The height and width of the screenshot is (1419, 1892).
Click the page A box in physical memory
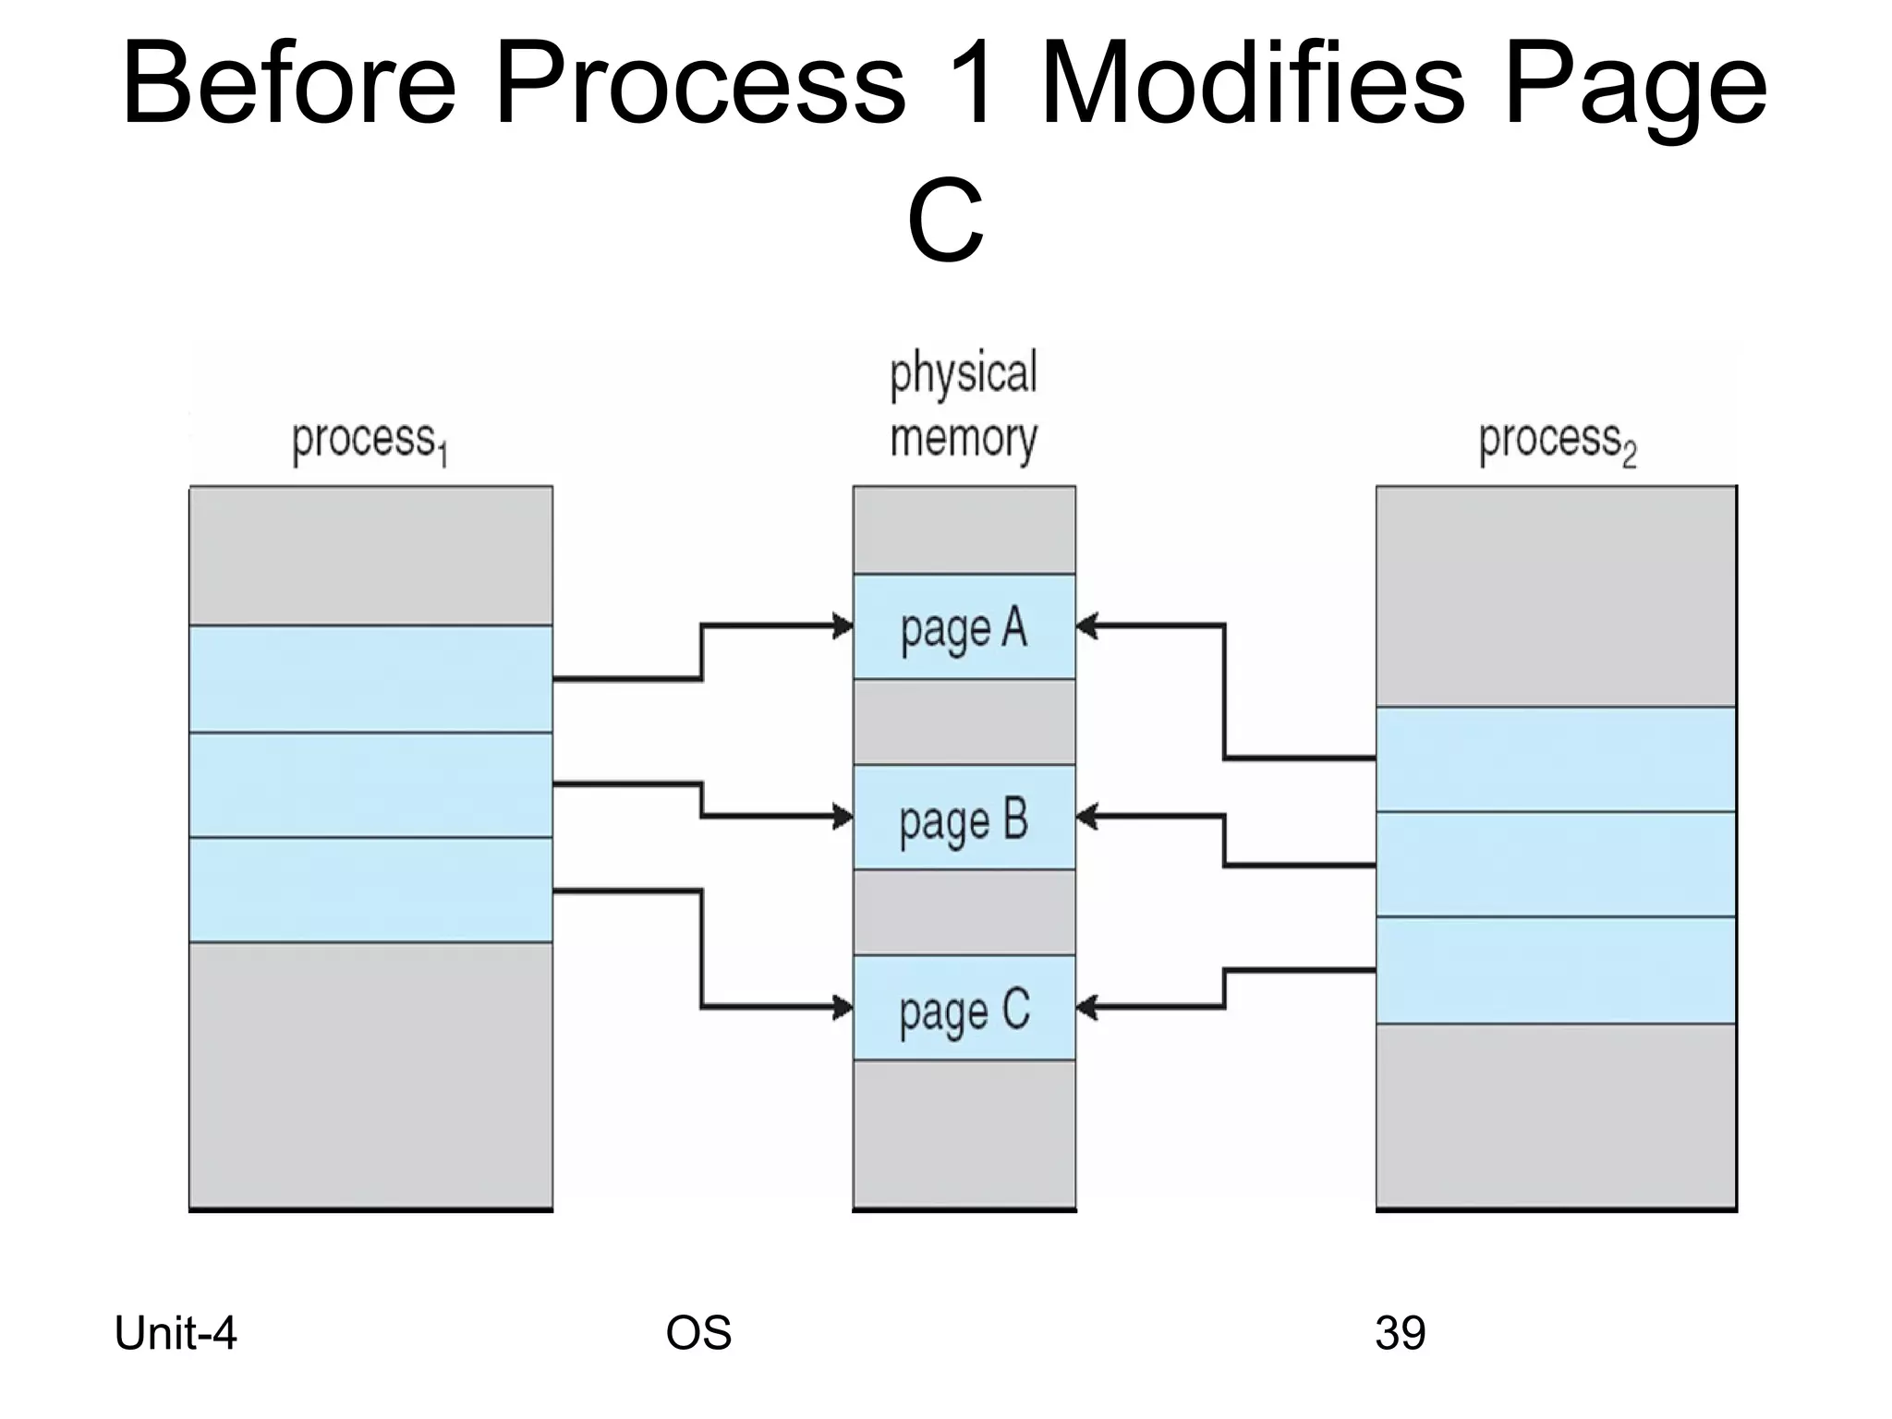click(964, 627)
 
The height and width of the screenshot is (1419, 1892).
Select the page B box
click(964, 818)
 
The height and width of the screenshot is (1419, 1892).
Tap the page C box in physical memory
click(964, 1008)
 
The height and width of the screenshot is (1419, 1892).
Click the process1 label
click(370, 442)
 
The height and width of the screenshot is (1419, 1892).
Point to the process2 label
click(1557, 442)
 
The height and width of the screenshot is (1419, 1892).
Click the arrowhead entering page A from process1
click(843, 626)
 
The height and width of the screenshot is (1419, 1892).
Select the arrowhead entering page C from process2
click(1087, 1007)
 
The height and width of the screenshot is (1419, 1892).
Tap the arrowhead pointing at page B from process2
click(1087, 817)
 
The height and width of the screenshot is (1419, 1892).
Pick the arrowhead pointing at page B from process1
click(843, 817)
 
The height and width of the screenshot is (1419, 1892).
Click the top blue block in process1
click(370, 679)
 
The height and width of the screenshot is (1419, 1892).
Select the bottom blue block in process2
click(1556, 970)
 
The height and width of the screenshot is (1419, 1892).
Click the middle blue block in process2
click(1556, 865)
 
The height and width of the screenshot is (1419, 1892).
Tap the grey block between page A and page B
click(964, 722)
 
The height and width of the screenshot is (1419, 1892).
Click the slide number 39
click(1400, 1334)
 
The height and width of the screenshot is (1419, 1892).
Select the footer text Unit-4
click(176, 1334)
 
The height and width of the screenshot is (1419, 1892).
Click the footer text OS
click(698, 1334)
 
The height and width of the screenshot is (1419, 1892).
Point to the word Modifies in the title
click(1252, 85)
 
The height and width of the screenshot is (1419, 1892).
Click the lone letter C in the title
click(945, 222)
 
